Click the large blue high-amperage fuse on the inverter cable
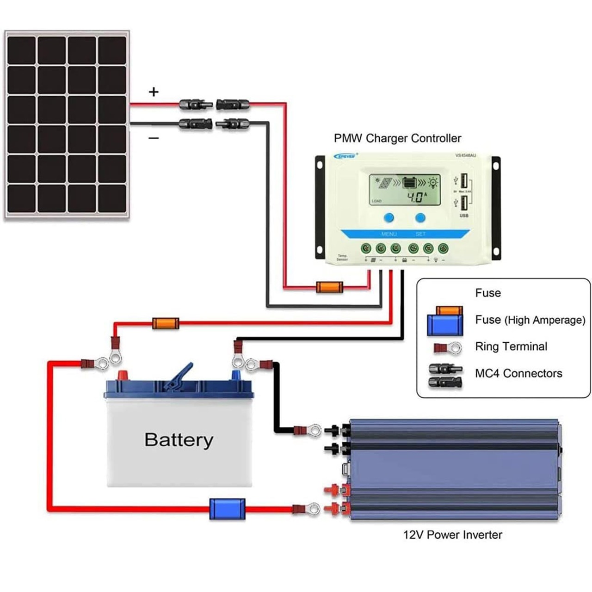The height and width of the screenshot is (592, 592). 227,509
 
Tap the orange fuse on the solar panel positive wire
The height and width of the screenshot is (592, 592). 329,287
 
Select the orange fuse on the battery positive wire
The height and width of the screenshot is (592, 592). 166,323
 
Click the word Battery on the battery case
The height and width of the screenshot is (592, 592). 179,440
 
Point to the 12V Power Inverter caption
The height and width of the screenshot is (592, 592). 452,535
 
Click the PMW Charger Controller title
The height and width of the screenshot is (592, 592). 397,138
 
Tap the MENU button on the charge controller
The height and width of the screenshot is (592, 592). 389,218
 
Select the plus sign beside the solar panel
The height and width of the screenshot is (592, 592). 154,92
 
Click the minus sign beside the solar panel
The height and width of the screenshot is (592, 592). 154,138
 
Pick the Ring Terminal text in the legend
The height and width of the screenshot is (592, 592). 511,346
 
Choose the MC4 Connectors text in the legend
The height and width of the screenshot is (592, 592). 518,373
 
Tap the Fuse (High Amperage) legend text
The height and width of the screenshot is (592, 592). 530,320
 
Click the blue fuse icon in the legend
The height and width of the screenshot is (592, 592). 445,324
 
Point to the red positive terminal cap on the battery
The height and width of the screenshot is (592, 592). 123,375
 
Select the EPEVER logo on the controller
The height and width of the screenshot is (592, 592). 345,156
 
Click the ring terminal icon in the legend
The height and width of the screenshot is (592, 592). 448,347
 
